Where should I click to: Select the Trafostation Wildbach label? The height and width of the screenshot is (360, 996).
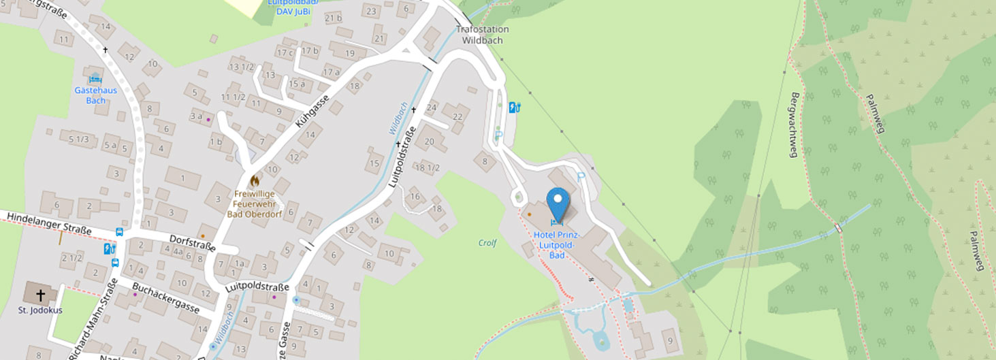point(482,35)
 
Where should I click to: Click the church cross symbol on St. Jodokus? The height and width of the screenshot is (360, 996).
point(41,295)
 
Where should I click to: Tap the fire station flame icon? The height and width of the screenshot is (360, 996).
point(255,181)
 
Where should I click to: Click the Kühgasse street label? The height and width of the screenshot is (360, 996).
point(312,112)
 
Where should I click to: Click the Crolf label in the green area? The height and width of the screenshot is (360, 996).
point(487,243)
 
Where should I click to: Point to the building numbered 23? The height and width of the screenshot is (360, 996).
point(371,11)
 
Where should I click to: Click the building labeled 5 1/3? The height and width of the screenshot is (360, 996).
point(79,139)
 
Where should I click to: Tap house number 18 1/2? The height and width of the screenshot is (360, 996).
point(428,167)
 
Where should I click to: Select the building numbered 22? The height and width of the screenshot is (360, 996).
point(457,116)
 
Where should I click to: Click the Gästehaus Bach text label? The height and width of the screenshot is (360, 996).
point(95,95)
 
